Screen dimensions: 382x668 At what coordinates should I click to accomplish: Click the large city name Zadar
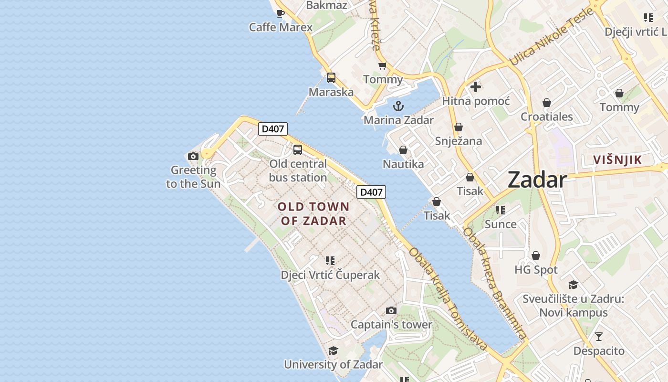click(x=537, y=180)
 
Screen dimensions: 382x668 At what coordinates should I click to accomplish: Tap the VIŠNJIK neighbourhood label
click(x=618, y=160)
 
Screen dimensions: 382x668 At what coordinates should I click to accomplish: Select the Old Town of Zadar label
click(x=313, y=213)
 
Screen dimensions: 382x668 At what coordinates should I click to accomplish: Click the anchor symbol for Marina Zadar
click(x=398, y=106)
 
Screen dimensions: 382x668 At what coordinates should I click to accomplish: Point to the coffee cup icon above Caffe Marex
click(x=281, y=13)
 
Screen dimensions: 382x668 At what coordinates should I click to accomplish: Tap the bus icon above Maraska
click(x=331, y=78)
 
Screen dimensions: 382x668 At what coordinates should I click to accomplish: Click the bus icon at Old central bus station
click(x=298, y=150)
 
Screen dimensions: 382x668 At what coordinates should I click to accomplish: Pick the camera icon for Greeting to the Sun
click(x=193, y=156)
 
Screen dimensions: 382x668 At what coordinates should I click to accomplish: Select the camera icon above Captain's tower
click(x=391, y=311)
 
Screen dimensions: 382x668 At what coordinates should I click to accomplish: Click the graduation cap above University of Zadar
click(x=333, y=350)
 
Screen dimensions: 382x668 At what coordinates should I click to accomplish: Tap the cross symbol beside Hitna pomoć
click(x=475, y=87)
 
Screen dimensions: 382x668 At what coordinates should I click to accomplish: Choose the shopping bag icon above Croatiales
click(x=546, y=103)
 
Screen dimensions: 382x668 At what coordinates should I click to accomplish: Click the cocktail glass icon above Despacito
click(x=599, y=337)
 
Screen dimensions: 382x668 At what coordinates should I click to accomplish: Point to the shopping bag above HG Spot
click(x=536, y=255)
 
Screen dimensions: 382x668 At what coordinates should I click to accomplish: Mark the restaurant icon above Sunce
click(x=500, y=210)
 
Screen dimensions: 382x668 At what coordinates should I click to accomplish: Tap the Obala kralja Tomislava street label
click(x=448, y=299)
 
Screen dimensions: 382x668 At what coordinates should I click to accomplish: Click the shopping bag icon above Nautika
click(x=403, y=150)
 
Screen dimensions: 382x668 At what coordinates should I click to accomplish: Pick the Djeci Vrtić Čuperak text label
click(x=330, y=275)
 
